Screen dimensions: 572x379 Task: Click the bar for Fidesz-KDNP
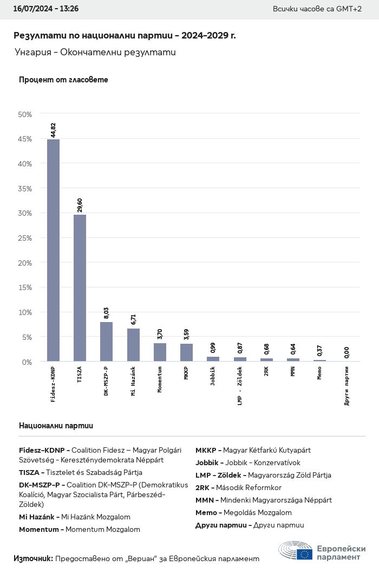[x=53, y=250]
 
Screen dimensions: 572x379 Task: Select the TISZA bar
[x=80, y=287]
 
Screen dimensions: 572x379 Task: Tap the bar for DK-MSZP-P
[x=106, y=342]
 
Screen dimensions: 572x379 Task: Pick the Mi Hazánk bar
[x=133, y=345]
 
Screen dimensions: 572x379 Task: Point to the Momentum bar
[x=160, y=352]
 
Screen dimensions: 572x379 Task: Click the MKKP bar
[x=186, y=352]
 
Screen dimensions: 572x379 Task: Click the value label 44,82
[x=53, y=131]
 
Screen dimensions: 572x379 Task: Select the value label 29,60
[x=80, y=205]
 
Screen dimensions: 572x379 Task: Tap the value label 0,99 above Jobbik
[x=213, y=348]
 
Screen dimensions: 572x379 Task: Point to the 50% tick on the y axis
[x=25, y=114]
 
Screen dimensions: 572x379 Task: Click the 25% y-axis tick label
[x=25, y=238]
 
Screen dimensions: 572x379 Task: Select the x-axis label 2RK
[x=266, y=371]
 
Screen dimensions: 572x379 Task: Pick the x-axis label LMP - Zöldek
[x=239, y=385]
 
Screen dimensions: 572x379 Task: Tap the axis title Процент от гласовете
[x=63, y=80]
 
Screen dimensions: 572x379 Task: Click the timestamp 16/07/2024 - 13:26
[x=46, y=9]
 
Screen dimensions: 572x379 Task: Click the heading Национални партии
[x=56, y=426]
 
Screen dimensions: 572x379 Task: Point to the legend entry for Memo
[x=243, y=512]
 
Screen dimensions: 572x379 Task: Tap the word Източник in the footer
[x=32, y=558]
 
